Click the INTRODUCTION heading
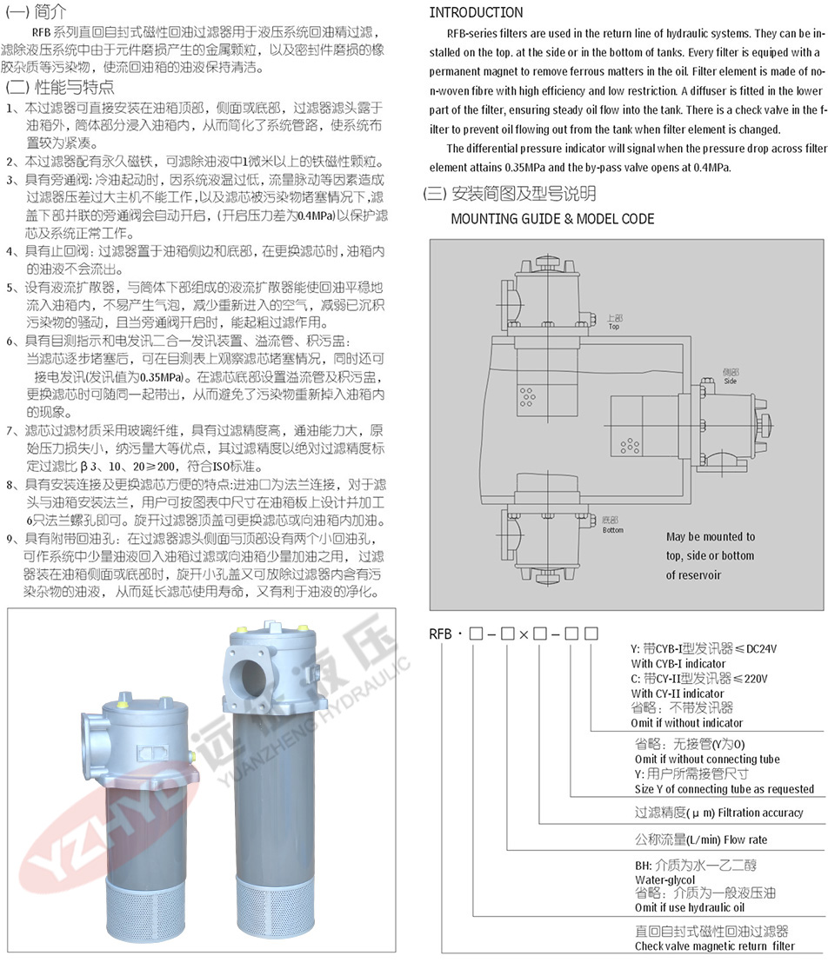tap(476, 12)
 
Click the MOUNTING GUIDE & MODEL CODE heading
tap(552, 219)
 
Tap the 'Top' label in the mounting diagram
tap(613, 326)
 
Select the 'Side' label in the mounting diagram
tap(731, 382)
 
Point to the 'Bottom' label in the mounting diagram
tap(613, 530)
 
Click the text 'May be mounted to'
tap(711, 536)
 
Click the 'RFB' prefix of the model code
tap(440, 634)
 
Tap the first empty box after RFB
tap(476, 634)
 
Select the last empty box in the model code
tap(591, 634)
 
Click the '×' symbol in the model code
tap(523, 634)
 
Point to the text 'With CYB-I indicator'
tap(678, 663)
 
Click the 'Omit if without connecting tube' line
tap(707, 759)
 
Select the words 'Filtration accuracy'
tap(761, 813)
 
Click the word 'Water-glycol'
tap(664, 879)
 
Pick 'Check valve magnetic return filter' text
tap(714, 946)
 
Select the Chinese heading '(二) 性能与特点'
tap(59, 87)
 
